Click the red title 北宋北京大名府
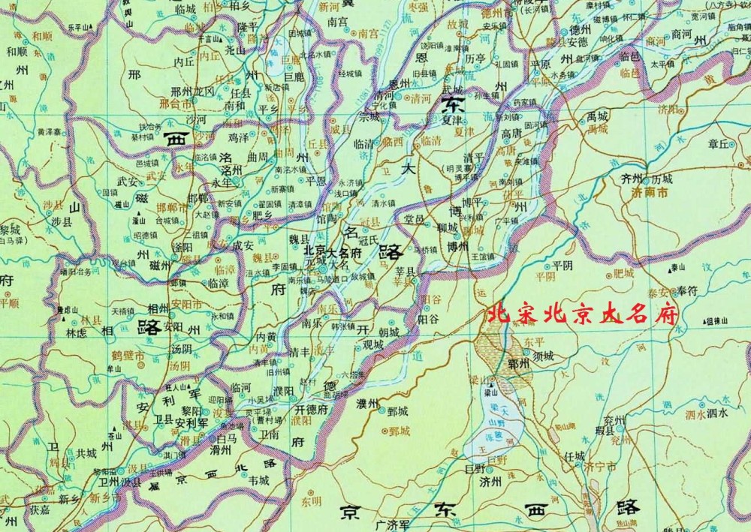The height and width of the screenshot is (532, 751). pyautogui.click(x=583, y=314)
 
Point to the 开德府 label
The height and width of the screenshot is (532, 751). pyautogui.click(x=312, y=410)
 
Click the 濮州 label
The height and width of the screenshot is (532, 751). pyautogui.click(x=370, y=404)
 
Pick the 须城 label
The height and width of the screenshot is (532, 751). pyautogui.click(x=542, y=356)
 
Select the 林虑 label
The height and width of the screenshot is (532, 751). pyautogui.click(x=78, y=332)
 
